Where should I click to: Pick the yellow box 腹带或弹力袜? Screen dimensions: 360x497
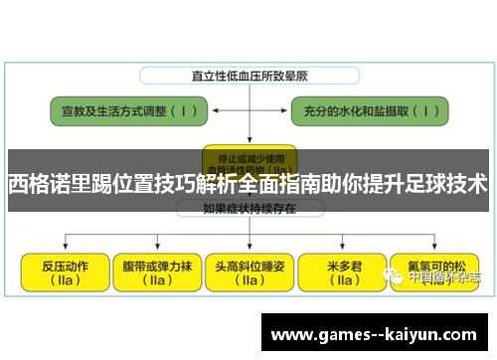153,272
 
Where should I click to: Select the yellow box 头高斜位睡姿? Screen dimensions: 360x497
248,272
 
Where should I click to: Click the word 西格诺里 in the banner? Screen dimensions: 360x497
44,185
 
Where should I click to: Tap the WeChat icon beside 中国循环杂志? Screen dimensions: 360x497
397,277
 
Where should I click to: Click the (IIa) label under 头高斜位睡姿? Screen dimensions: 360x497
248,281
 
